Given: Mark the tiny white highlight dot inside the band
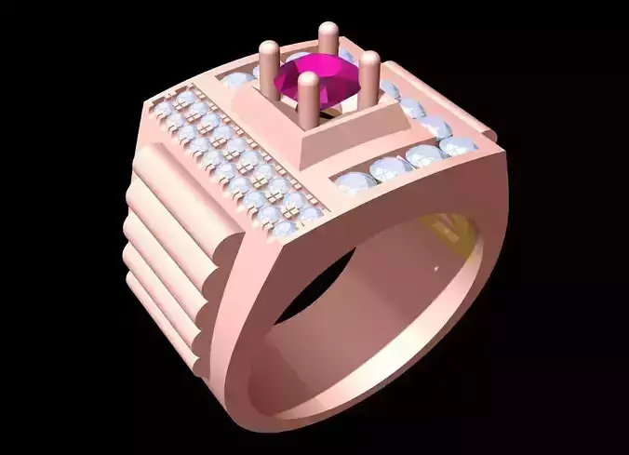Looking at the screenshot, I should pyautogui.click(x=435, y=270).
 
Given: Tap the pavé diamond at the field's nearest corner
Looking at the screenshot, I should pyautogui.click(x=287, y=225).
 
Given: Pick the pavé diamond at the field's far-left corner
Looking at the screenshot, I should pyautogui.click(x=163, y=109).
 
